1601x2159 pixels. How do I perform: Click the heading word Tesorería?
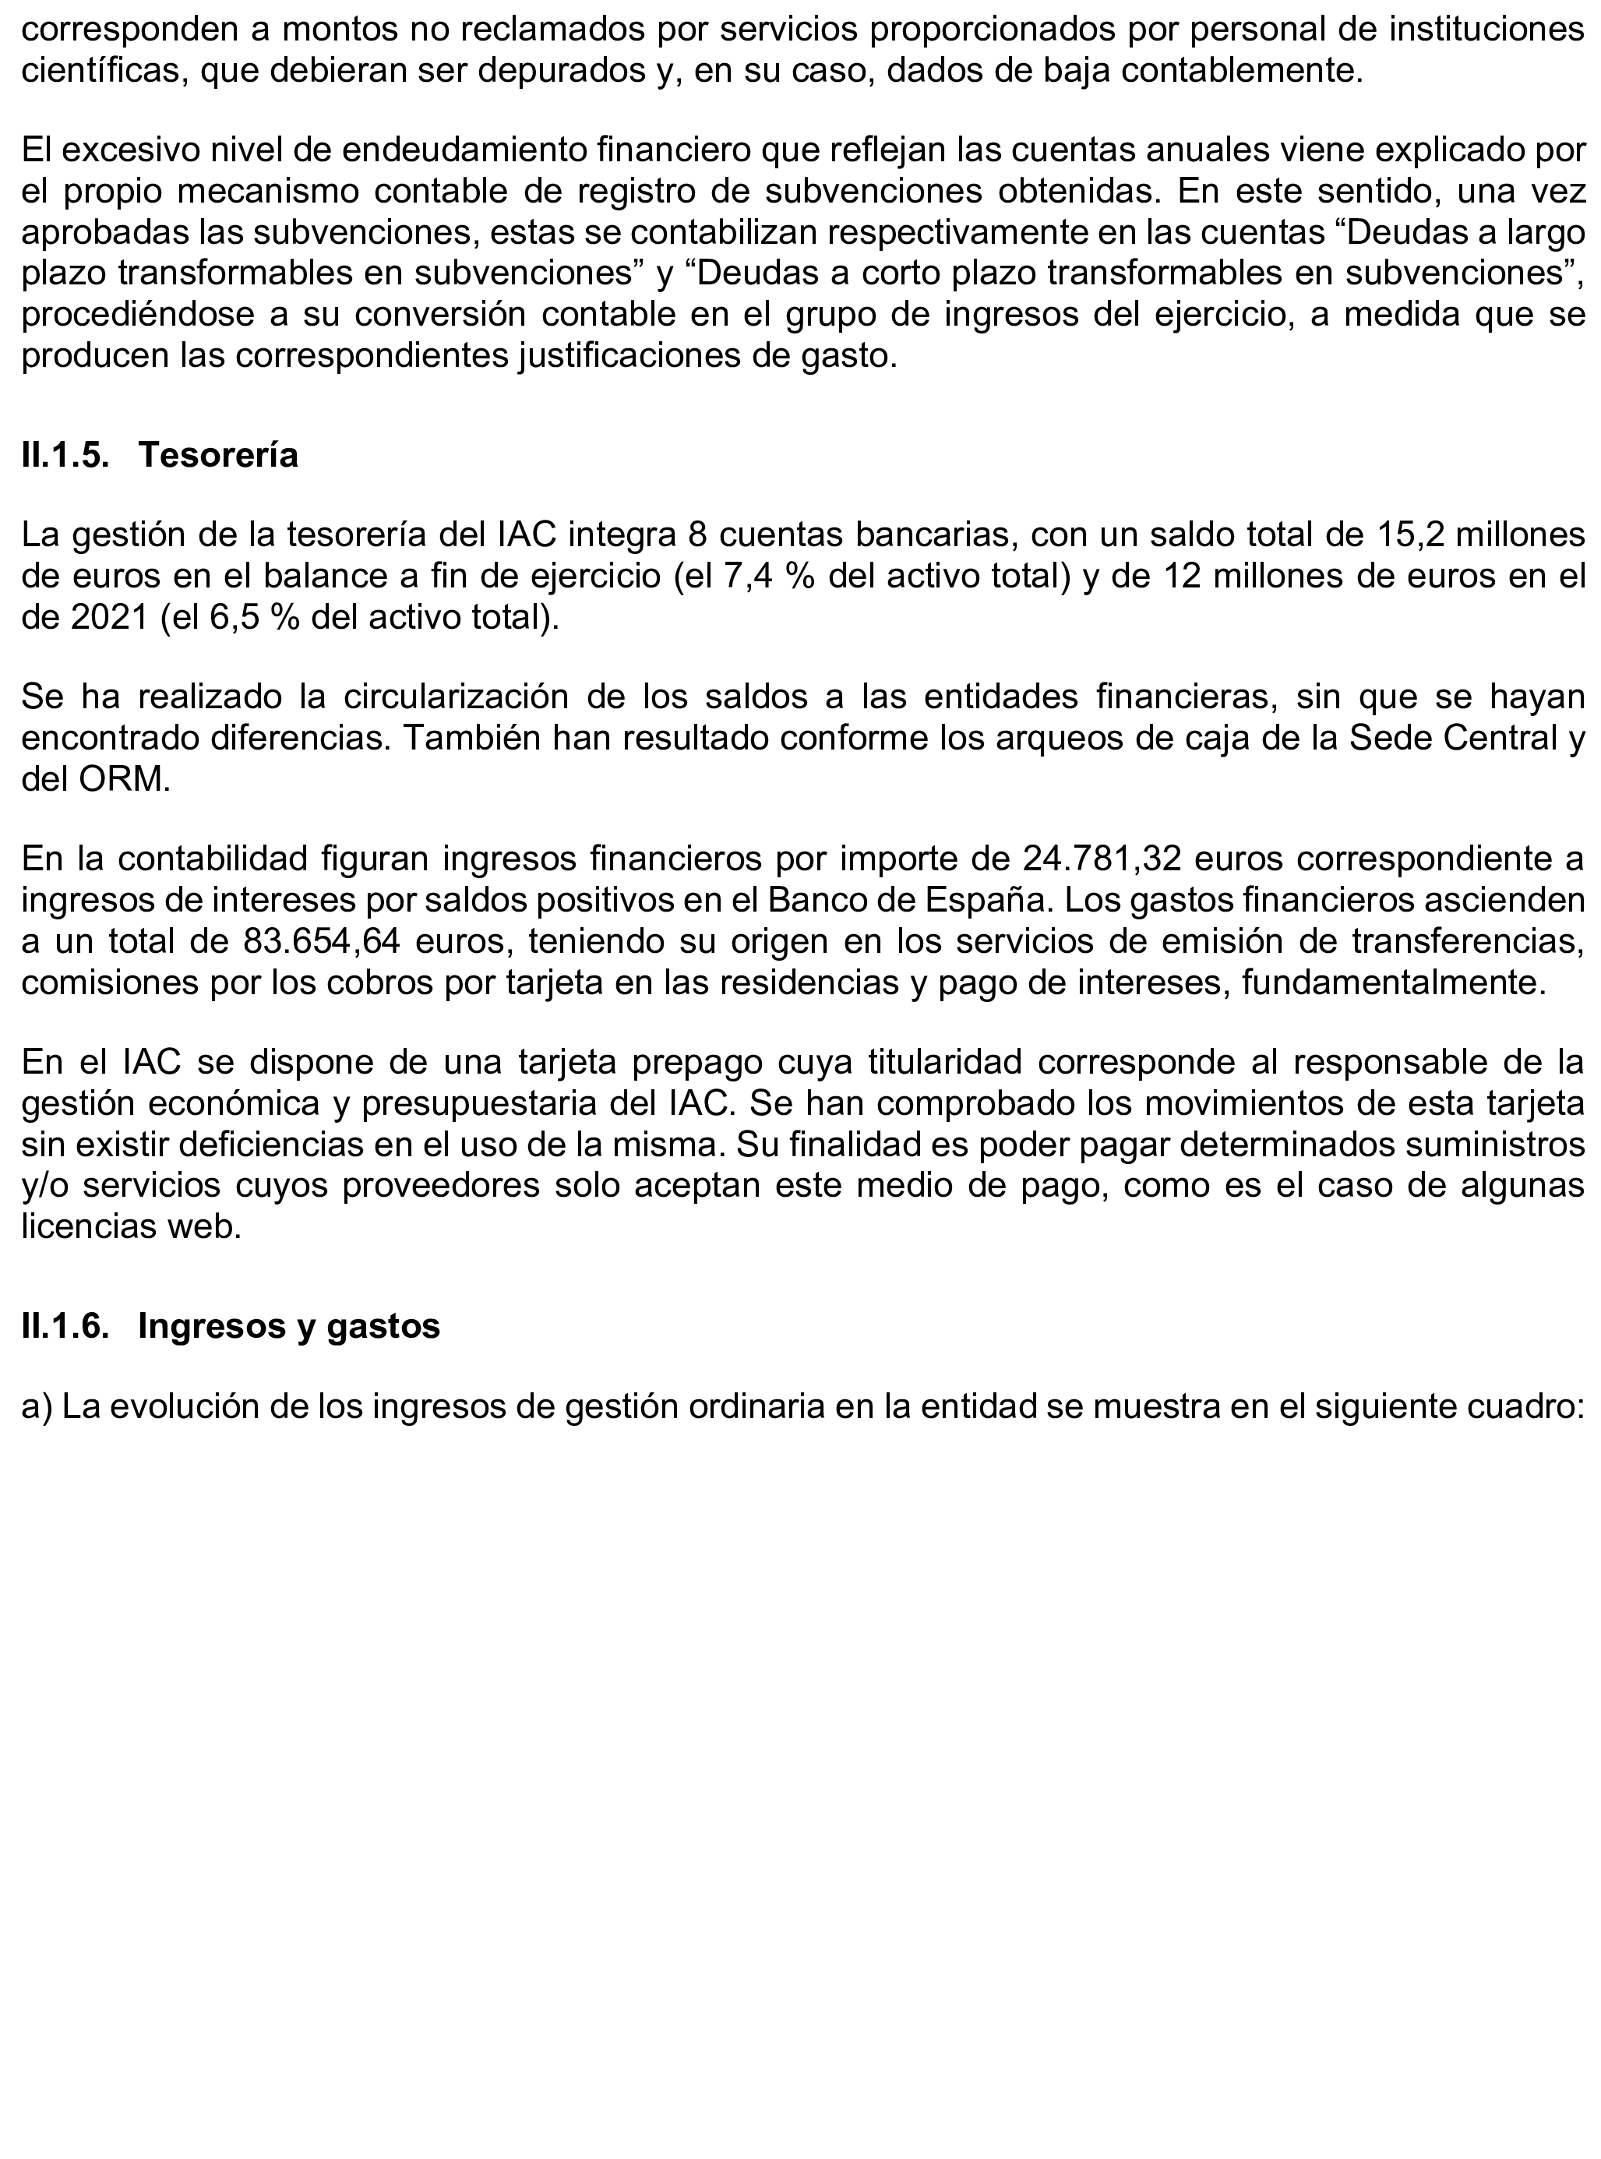(x=218, y=456)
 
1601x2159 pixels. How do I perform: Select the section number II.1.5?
(x=65, y=456)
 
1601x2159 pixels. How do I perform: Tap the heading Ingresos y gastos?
(x=289, y=1325)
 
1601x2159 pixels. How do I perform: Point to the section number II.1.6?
(x=65, y=1325)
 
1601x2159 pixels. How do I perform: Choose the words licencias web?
(x=131, y=1227)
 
